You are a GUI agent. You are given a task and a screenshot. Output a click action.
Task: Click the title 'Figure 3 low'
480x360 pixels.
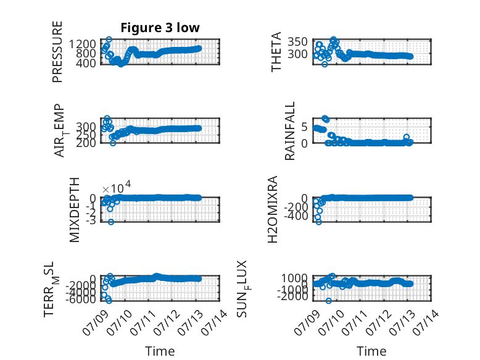tap(160, 28)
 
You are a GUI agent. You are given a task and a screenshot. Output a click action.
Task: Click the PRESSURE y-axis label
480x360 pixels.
tap(57, 52)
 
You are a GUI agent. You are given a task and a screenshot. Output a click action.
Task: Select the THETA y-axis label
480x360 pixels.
tap(276, 52)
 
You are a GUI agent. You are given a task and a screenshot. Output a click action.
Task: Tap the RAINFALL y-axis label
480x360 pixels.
tap(289, 131)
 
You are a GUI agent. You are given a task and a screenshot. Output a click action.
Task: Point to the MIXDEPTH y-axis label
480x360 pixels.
tap(75, 210)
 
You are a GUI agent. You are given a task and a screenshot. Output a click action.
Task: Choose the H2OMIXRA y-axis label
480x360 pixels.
tap(273, 209)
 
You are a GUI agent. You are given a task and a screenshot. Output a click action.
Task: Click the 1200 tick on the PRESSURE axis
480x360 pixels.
tap(82, 44)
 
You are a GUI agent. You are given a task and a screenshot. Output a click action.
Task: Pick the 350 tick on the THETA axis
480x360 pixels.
tap(297, 41)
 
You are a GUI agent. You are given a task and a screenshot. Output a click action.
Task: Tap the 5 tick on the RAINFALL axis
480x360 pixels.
tap(304, 127)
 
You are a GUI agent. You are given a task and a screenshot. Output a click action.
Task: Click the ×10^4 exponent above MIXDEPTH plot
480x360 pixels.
tap(117, 188)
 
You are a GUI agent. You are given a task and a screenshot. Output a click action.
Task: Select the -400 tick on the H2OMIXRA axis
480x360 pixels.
tap(296, 216)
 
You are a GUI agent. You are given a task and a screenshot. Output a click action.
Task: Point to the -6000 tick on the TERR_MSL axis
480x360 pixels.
tap(80, 299)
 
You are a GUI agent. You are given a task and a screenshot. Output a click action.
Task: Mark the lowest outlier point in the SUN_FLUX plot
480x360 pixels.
tap(328, 301)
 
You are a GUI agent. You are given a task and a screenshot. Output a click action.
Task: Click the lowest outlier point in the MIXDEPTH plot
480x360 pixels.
tap(111, 222)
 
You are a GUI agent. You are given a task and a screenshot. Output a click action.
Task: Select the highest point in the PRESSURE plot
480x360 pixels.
tap(109, 40)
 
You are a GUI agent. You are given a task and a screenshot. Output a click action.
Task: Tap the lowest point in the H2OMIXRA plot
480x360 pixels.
tap(319, 222)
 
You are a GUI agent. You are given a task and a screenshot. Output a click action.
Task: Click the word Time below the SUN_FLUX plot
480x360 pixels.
tap(371, 351)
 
